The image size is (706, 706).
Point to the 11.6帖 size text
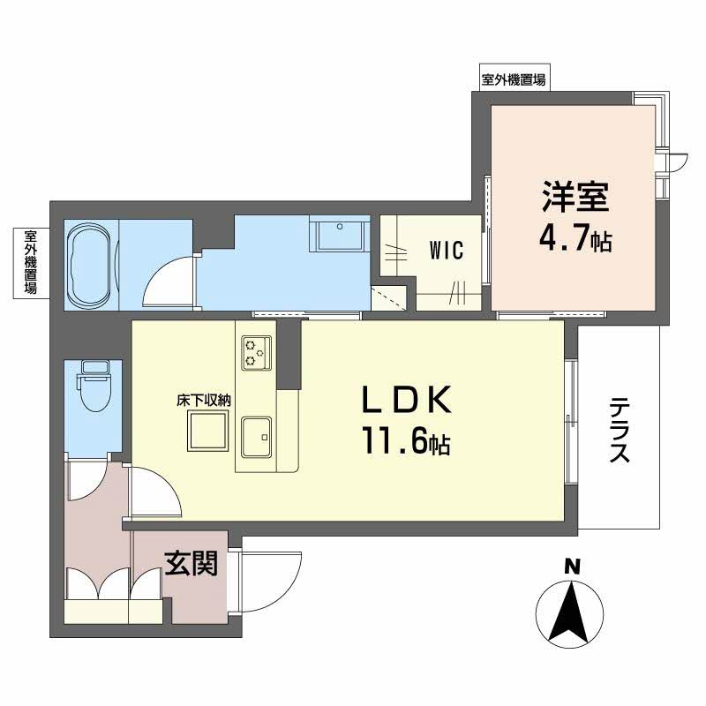tap(405, 442)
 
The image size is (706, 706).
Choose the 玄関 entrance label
tap(191, 564)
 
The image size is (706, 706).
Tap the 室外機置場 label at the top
tap(513, 79)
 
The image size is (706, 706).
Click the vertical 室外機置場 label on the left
tap(30, 262)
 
